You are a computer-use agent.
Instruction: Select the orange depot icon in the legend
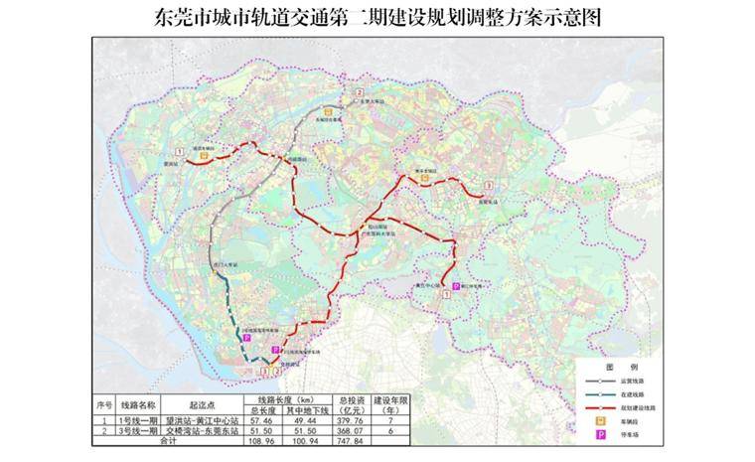600,419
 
